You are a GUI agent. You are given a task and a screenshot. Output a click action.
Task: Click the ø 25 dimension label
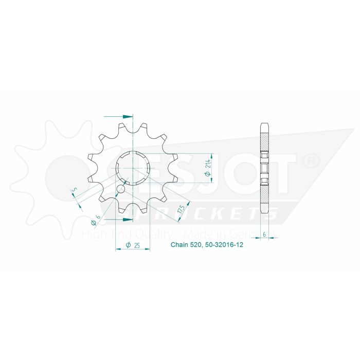click(134, 245)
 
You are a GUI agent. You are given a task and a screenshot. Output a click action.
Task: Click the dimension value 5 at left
click(75, 192)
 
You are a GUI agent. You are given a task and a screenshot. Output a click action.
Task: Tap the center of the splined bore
click(133, 168)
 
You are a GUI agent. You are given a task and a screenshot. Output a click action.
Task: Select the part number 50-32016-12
click(226, 245)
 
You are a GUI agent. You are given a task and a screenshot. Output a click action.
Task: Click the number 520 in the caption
click(197, 245)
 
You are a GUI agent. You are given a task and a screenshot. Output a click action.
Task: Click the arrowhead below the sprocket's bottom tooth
click(129, 219)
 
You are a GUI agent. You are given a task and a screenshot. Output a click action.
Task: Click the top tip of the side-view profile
click(264, 123)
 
